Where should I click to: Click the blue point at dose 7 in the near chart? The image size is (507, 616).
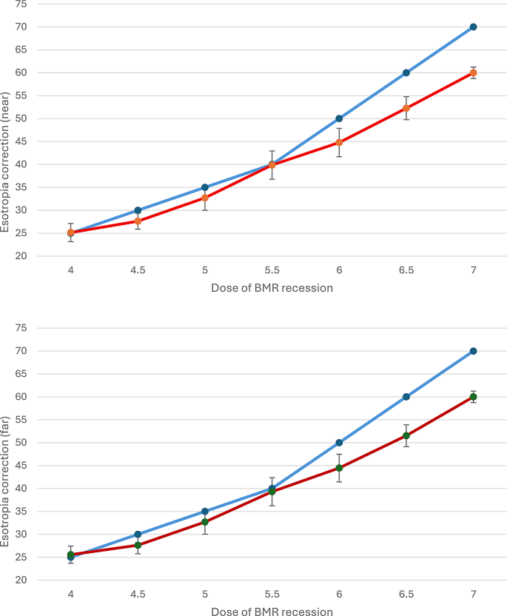(473, 27)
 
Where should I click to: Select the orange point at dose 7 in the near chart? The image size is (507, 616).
(473, 73)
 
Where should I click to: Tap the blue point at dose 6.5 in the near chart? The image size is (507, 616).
(406, 73)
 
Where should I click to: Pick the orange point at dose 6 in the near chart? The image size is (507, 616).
(339, 142)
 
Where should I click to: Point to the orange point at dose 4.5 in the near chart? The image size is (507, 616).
(138, 221)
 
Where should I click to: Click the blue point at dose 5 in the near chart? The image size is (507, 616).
(205, 187)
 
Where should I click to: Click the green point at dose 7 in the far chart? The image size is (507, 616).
(473, 397)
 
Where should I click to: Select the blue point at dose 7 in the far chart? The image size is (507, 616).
(473, 351)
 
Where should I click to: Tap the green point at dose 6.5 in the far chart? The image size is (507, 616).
(406, 435)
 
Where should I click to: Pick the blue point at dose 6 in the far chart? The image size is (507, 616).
(339, 443)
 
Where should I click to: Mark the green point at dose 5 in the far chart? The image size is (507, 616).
(205, 522)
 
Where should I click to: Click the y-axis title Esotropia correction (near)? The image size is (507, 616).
(7, 162)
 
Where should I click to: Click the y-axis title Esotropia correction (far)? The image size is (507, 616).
(7, 486)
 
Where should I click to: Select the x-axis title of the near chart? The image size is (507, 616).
(272, 288)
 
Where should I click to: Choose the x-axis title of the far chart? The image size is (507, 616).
(272, 612)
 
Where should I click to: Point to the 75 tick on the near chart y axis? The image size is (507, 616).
(41, 4)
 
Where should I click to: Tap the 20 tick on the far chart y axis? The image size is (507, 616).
(41, 580)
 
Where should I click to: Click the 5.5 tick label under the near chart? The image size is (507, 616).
(272, 270)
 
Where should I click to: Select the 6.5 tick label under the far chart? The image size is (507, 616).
(406, 594)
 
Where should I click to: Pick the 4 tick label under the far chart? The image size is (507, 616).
(71, 594)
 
